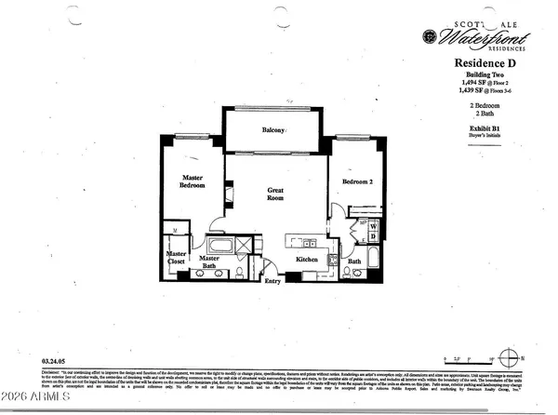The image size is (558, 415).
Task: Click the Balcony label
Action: point(272,130)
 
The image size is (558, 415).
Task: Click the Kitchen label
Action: point(308,259)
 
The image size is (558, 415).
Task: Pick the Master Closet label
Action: point(177,259)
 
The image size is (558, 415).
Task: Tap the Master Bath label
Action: point(215,263)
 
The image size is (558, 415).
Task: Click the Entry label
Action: point(272,280)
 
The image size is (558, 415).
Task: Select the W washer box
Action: point(372,225)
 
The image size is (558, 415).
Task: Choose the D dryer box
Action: point(372,236)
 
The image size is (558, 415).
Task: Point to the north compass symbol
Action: point(508,355)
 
